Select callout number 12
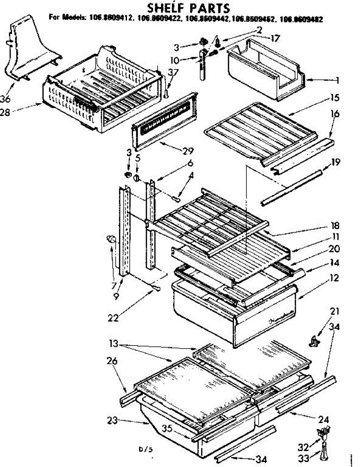[333, 278]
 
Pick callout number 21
[335, 312]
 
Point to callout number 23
[112, 420]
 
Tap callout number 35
[168, 428]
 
